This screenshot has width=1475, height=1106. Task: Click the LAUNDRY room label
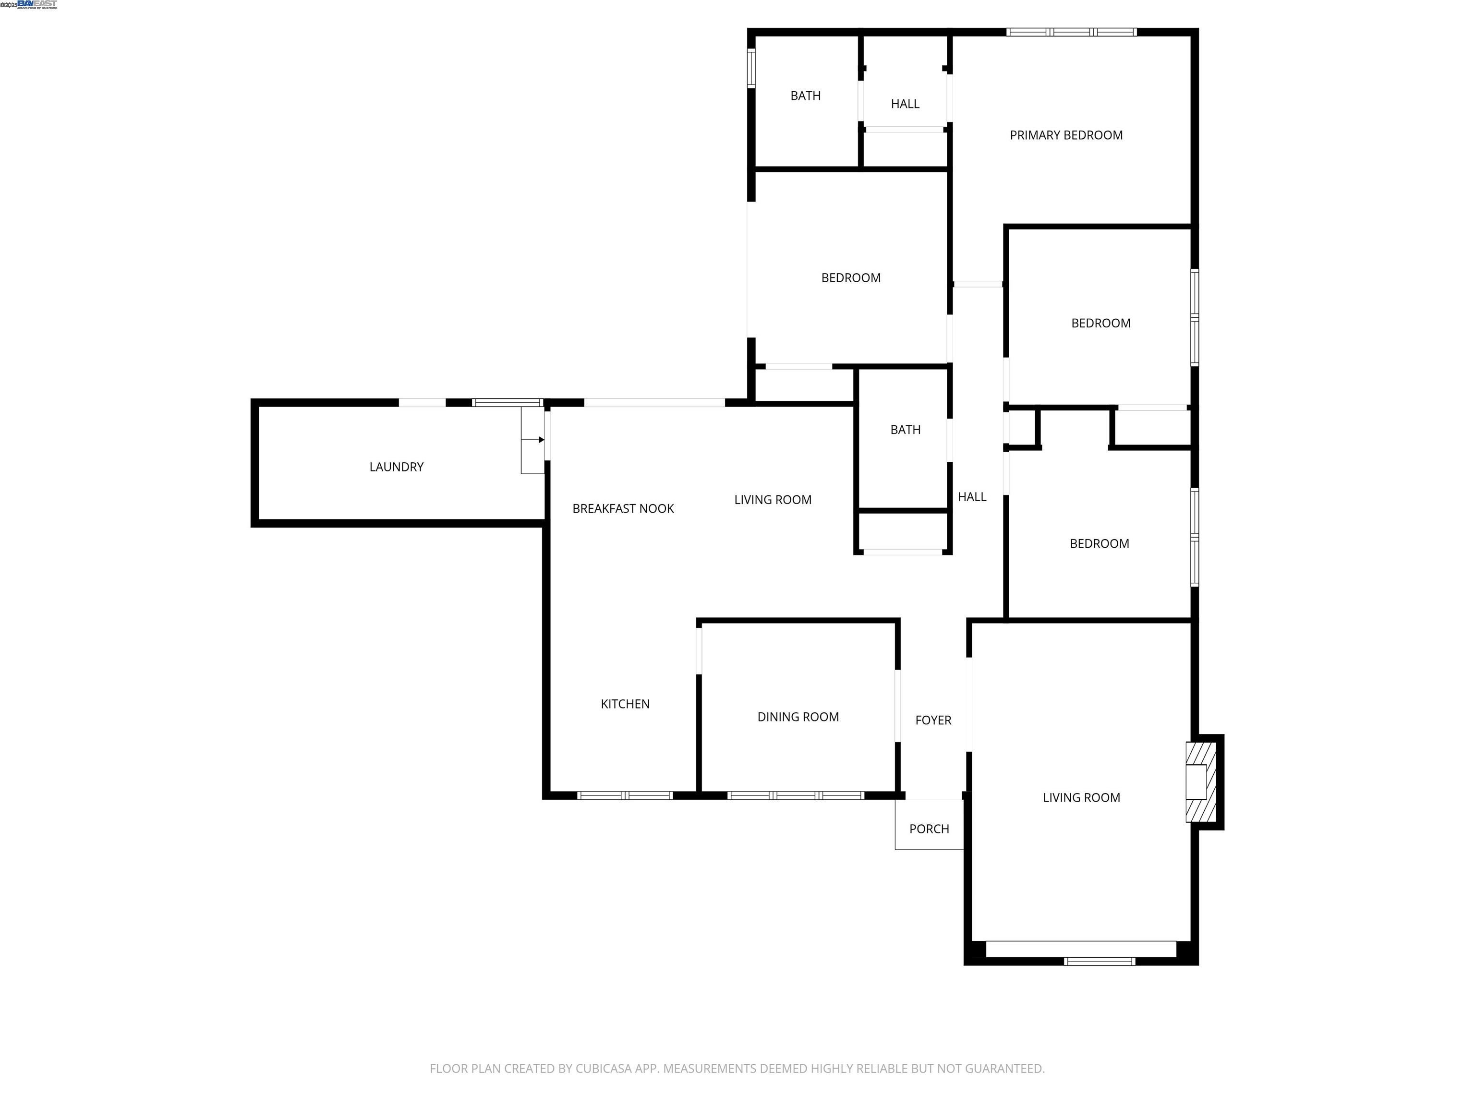click(396, 467)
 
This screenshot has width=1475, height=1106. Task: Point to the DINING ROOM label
click(798, 717)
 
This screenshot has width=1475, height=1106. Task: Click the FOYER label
click(933, 720)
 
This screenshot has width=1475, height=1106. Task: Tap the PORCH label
click(929, 829)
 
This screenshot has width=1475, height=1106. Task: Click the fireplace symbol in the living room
click(1200, 782)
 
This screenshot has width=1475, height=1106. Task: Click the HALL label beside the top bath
click(905, 104)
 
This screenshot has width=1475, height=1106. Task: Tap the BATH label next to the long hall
click(905, 430)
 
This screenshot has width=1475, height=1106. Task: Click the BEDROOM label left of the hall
click(850, 278)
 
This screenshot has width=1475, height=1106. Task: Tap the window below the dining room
click(796, 795)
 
